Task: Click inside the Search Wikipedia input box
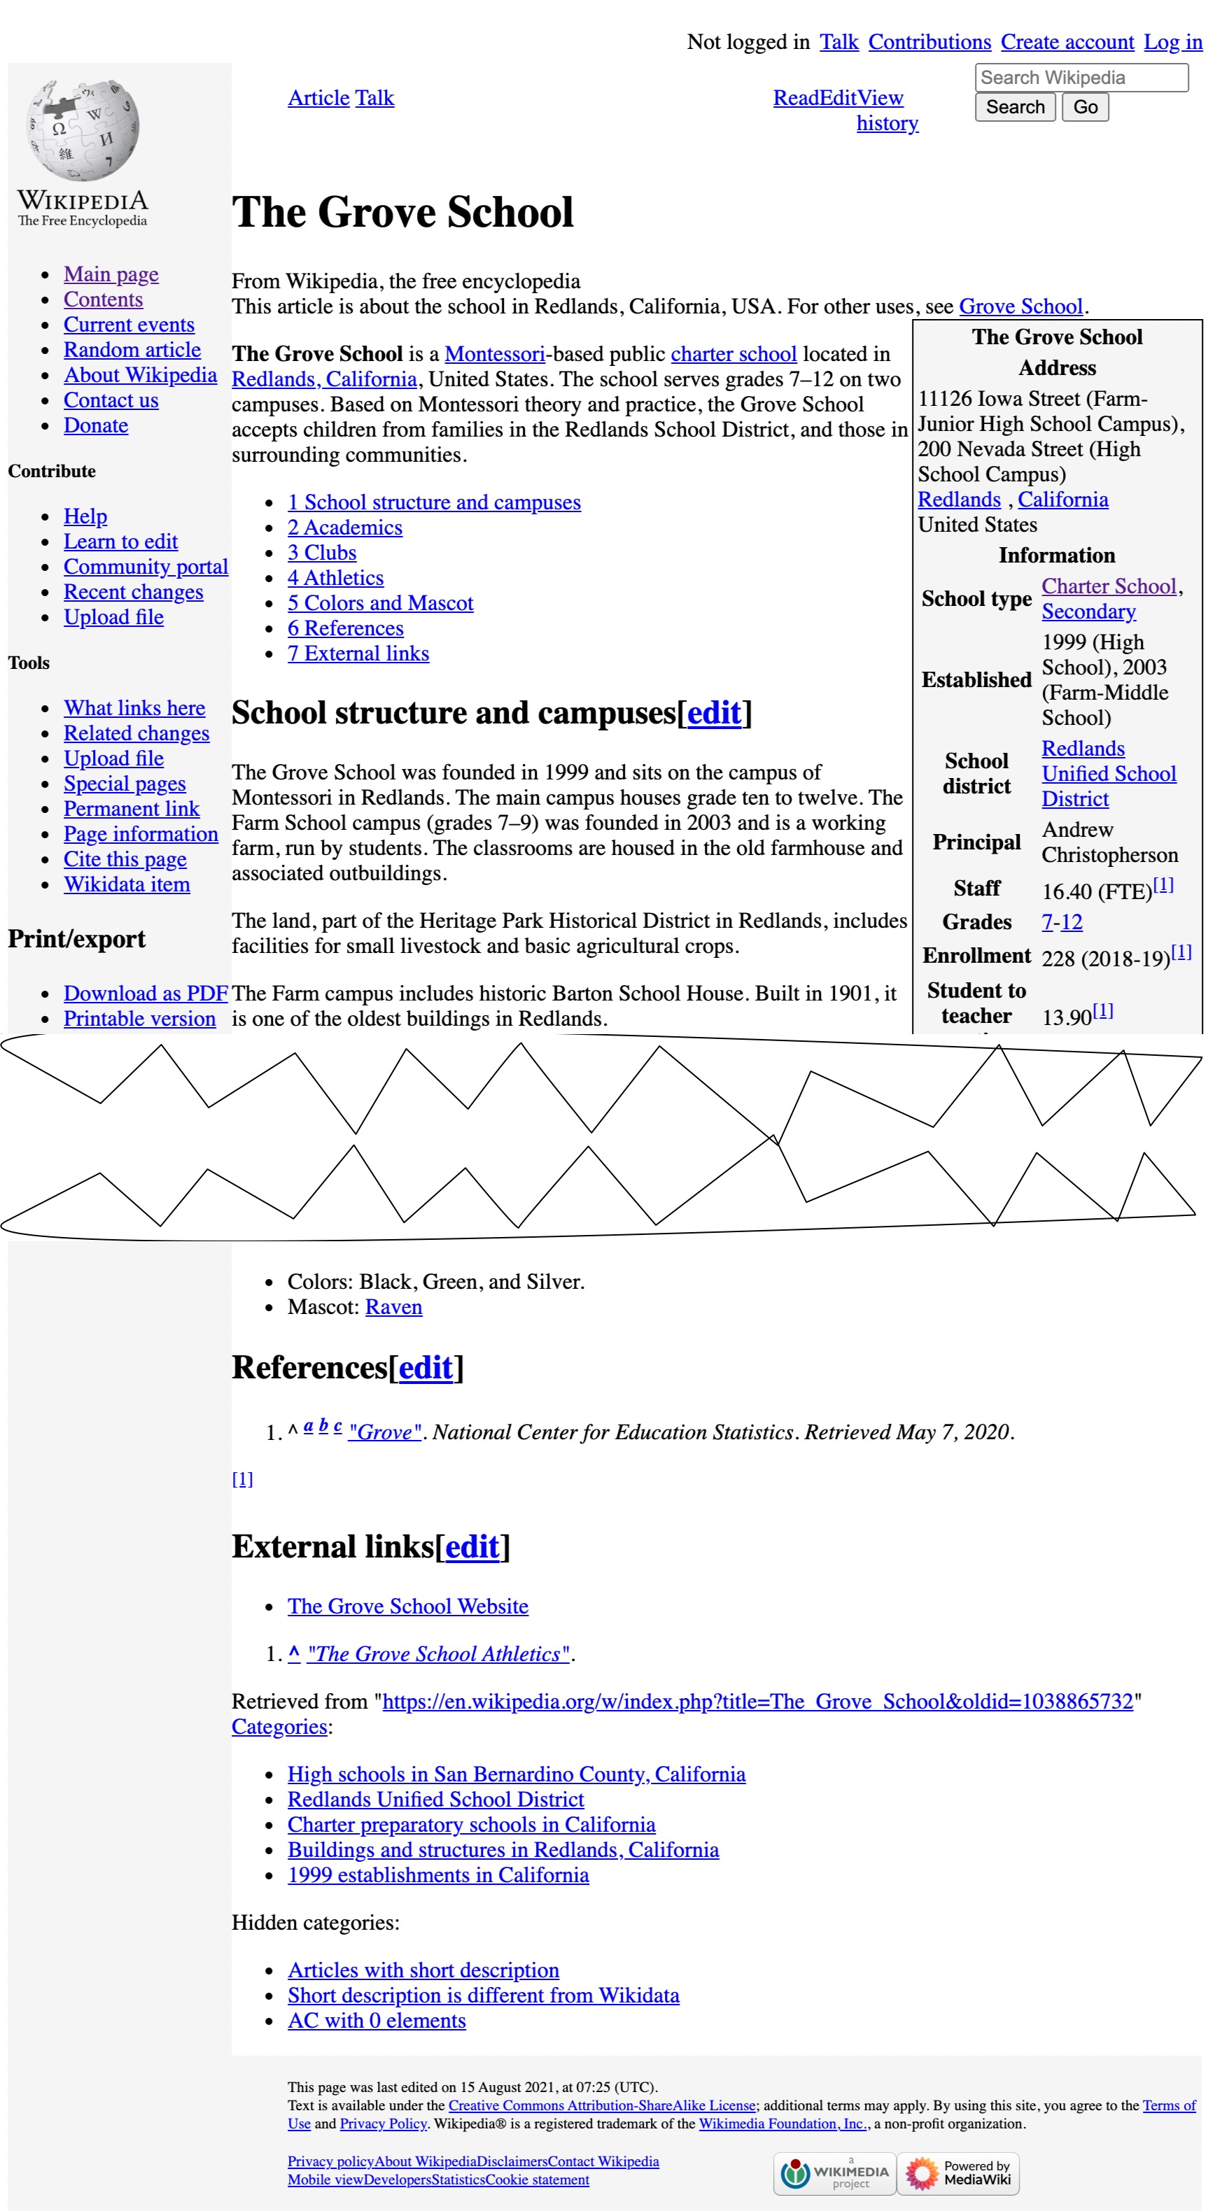click(x=1080, y=77)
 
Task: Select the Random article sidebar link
click(x=132, y=350)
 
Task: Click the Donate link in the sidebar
click(x=95, y=425)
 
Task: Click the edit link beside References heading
click(x=425, y=1367)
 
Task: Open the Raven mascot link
click(x=393, y=1307)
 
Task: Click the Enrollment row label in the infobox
click(x=976, y=956)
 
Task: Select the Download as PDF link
click(x=145, y=994)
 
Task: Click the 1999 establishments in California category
click(x=438, y=1875)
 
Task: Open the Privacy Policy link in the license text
click(x=383, y=2124)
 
